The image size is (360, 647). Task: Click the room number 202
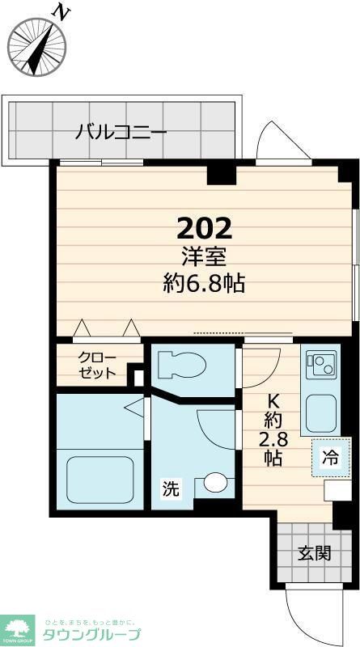point(205,228)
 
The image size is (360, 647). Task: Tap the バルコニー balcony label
point(121,132)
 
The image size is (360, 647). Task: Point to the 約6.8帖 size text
point(205,284)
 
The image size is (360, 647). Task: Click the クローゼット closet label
point(97,365)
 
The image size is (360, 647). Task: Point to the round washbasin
point(214,483)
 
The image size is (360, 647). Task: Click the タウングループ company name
point(92,633)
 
